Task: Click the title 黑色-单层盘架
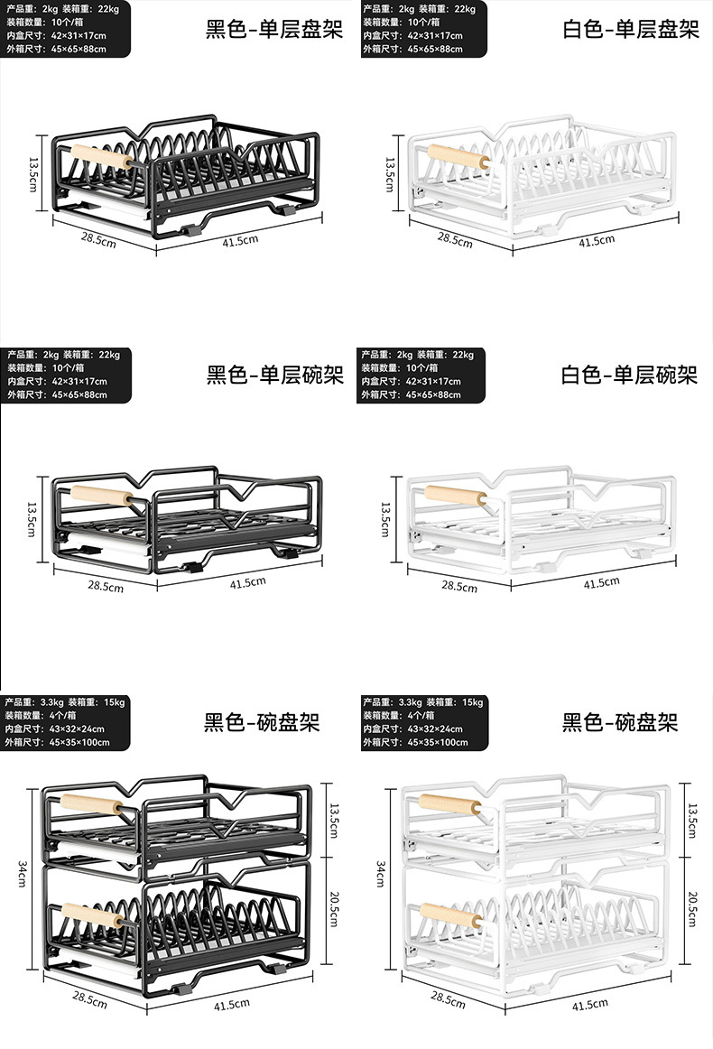tap(274, 30)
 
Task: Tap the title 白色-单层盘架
tap(631, 30)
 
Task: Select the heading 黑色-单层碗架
tap(275, 375)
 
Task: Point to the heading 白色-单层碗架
tap(630, 375)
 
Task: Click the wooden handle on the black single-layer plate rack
tap(99, 157)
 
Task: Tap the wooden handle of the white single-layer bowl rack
tap(456, 497)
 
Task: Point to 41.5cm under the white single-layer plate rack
tap(596, 240)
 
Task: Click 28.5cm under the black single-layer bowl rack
tap(106, 586)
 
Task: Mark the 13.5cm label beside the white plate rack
tap(390, 174)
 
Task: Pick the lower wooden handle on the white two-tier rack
tap(451, 915)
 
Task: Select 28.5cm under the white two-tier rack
tap(448, 1000)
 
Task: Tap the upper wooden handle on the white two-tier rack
tap(449, 804)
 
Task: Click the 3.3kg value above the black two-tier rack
tap(52, 701)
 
